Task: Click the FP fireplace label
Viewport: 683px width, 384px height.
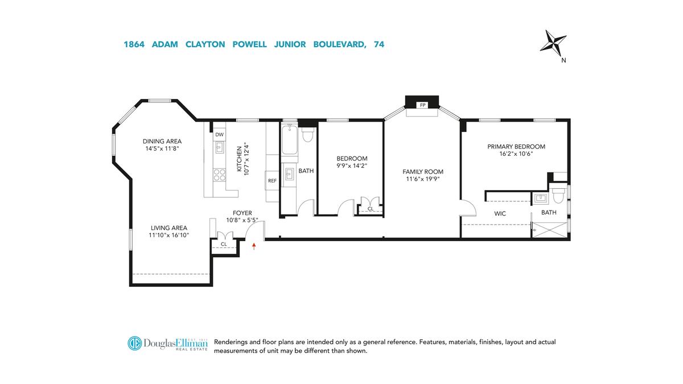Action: pyautogui.click(x=422, y=105)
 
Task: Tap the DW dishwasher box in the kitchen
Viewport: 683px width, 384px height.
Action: pyautogui.click(x=219, y=135)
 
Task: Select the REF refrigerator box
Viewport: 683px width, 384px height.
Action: pyautogui.click(x=272, y=181)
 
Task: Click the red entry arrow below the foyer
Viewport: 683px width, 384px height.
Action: pyautogui.click(x=254, y=246)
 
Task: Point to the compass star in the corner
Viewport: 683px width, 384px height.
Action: pyautogui.click(x=553, y=44)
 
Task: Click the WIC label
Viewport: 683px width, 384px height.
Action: pyautogui.click(x=500, y=214)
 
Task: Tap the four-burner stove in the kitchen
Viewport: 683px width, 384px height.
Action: pyautogui.click(x=219, y=175)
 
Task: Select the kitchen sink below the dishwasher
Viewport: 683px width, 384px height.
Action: pyautogui.click(x=219, y=147)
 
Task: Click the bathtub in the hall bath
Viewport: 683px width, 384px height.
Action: pyautogui.click(x=290, y=139)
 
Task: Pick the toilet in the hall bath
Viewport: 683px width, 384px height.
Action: pyautogui.click(x=307, y=134)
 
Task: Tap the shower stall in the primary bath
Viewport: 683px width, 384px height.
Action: pyautogui.click(x=550, y=230)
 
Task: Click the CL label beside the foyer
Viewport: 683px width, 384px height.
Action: pyautogui.click(x=224, y=244)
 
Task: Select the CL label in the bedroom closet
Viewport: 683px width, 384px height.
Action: pyautogui.click(x=371, y=209)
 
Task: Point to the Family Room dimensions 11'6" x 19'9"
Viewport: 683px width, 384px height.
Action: pyautogui.click(x=422, y=179)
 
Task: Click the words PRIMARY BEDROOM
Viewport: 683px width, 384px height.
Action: pyautogui.click(x=516, y=147)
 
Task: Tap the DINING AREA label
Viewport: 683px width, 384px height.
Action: pyautogui.click(x=162, y=142)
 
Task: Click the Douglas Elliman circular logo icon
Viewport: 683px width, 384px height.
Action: pyautogui.click(x=134, y=343)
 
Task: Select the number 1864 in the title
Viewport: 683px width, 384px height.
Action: pyautogui.click(x=134, y=44)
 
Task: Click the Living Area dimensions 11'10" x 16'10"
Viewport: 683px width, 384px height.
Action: pyautogui.click(x=169, y=235)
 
